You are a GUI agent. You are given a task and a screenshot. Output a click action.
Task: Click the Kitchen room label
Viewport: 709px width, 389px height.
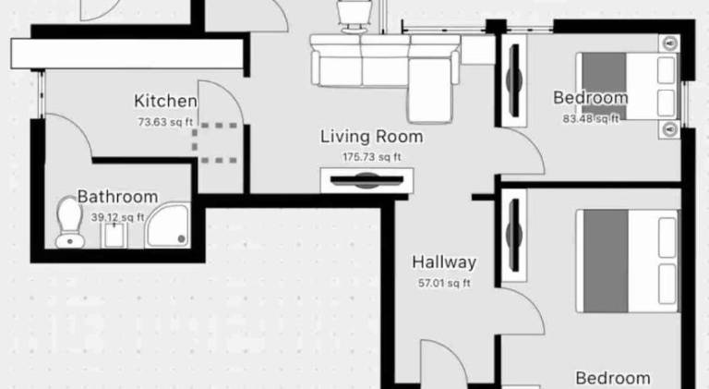click(165, 101)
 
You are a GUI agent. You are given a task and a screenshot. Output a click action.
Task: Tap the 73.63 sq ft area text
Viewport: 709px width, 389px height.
click(165, 122)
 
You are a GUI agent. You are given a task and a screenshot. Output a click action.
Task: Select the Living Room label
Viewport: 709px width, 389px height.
click(372, 137)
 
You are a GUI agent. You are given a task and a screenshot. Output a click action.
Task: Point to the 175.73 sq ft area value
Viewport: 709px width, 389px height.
click(372, 157)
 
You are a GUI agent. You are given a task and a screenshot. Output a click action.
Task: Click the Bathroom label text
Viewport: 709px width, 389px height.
click(117, 197)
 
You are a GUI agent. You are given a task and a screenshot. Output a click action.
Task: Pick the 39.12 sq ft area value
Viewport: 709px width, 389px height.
click(117, 217)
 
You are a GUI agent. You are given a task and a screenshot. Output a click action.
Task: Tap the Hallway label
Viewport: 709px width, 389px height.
click(444, 262)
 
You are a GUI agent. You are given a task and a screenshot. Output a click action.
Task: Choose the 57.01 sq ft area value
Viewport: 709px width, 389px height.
click(444, 283)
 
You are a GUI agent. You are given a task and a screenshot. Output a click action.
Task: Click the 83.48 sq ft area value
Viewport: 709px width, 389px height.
click(591, 119)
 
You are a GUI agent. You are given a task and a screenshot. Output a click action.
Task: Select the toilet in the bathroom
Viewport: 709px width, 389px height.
click(69, 222)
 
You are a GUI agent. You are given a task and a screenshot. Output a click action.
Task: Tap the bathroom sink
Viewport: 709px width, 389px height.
click(114, 236)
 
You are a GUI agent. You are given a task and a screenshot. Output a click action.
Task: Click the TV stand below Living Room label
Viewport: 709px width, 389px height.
click(367, 180)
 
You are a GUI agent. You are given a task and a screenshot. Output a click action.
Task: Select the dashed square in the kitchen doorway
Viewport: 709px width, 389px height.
click(215, 143)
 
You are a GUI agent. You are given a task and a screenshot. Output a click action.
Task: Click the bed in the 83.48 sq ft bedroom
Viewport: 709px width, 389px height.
click(628, 86)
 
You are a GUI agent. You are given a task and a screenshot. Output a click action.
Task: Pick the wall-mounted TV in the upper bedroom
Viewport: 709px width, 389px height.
click(514, 80)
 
